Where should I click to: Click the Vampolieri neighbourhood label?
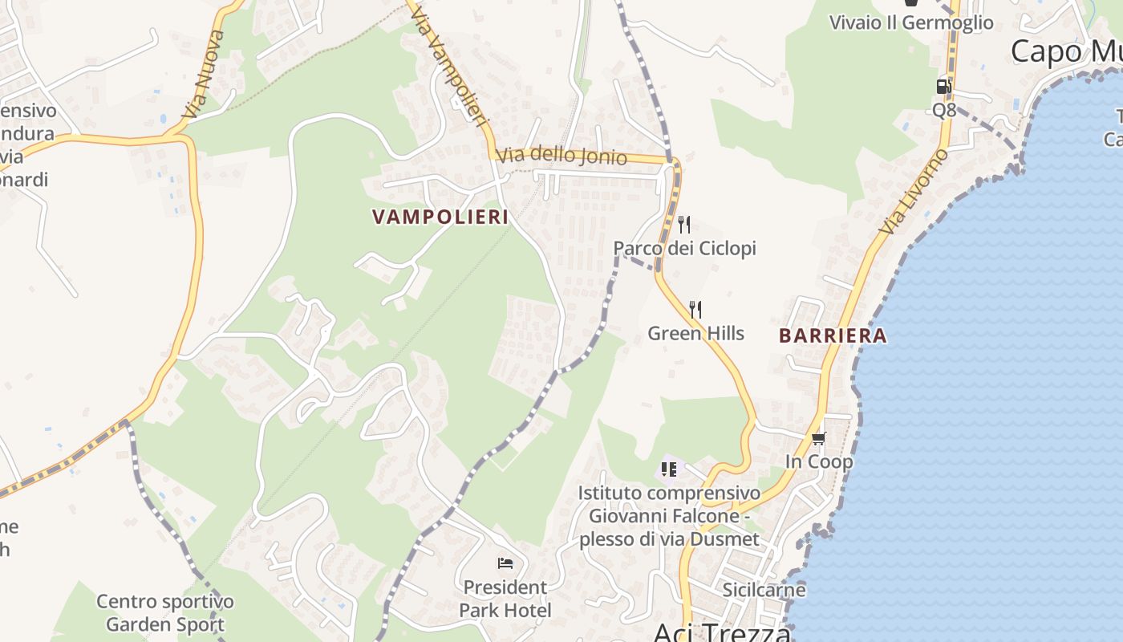coord(440,217)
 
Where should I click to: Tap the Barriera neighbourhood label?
coord(833,336)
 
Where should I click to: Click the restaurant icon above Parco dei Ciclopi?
coord(684,224)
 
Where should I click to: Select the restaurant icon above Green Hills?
coord(695,309)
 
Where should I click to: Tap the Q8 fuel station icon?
coord(944,87)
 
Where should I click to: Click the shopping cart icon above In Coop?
coord(818,438)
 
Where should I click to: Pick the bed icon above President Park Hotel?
coord(505,563)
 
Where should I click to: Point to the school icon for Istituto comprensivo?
coord(668,469)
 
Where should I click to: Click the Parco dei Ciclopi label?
coord(684,249)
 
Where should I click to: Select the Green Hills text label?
coord(695,333)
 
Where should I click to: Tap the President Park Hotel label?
coord(505,599)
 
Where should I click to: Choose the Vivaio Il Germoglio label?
coord(911,22)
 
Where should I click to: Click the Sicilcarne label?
coord(764,590)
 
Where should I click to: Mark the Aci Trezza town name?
coord(722,632)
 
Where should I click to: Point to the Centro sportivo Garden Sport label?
coord(165,612)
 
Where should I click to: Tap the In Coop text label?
coord(818,462)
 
